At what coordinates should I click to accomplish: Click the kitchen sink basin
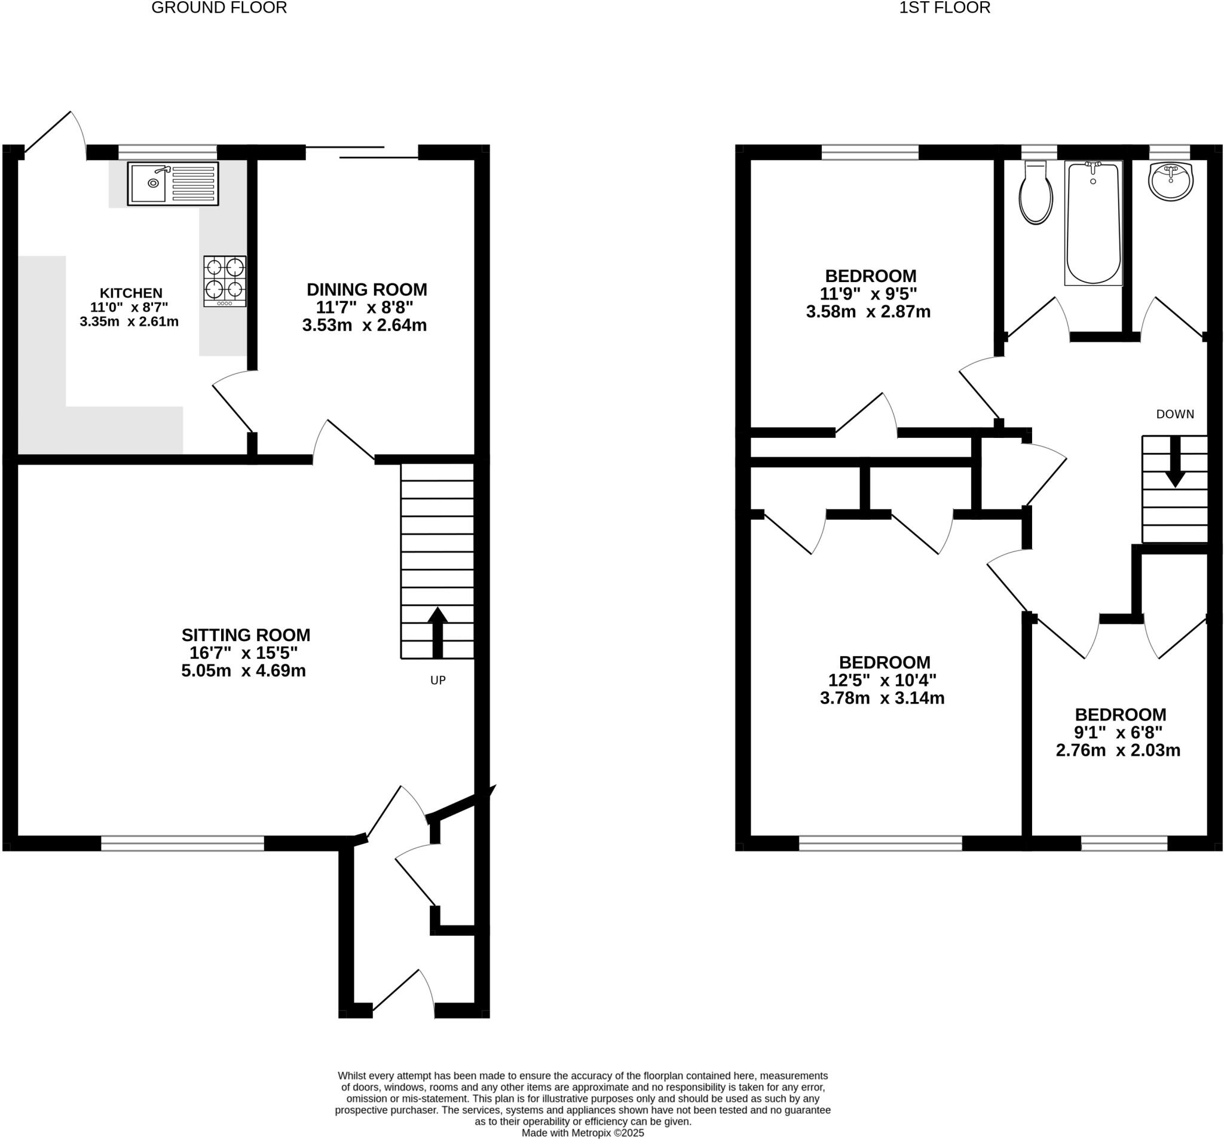[x=148, y=183]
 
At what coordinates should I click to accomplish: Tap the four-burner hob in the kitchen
[x=225, y=281]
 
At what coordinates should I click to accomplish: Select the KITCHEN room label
[x=131, y=293]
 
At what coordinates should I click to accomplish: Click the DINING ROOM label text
[x=367, y=289]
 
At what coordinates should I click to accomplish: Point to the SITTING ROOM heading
[x=246, y=635]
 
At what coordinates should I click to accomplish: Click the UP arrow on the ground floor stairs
[x=437, y=632]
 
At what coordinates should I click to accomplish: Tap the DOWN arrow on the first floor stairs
[x=1175, y=462]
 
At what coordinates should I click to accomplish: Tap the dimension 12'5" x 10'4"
[x=882, y=680]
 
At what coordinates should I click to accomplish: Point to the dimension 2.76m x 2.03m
[x=1118, y=750]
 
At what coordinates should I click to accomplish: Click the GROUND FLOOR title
[x=219, y=8]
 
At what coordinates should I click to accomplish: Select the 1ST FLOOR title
[x=944, y=8]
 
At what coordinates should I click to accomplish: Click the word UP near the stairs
[x=437, y=680]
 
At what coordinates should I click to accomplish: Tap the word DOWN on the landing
[x=1175, y=414]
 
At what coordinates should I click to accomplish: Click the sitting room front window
[x=182, y=842]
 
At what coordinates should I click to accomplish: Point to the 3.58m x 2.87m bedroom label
[x=868, y=311]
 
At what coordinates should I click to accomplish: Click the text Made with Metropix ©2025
[x=583, y=1133]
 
